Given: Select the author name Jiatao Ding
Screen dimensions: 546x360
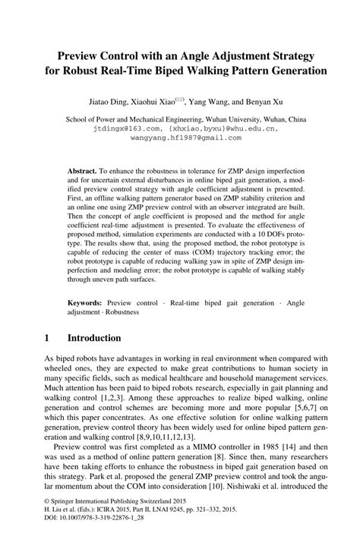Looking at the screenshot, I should pos(107,99).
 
